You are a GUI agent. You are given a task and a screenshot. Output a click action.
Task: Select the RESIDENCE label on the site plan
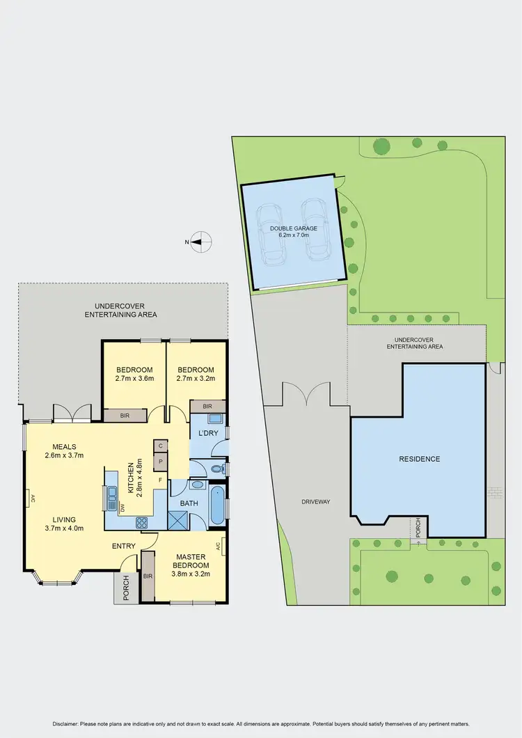[420, 459]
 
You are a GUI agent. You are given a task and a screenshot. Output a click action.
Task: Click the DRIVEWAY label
[315, 501]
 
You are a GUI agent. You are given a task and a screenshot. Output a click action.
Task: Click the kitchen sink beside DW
[112, 496]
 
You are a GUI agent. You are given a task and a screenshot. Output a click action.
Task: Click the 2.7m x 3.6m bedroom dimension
[134, 379]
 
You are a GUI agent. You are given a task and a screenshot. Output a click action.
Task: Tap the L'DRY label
[207, 434]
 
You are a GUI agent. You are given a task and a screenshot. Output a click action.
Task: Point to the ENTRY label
[124, 546]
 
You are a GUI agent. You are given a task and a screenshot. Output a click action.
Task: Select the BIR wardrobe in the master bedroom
[148, 576]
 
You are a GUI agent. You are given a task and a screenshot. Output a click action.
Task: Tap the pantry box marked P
[160, 461]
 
